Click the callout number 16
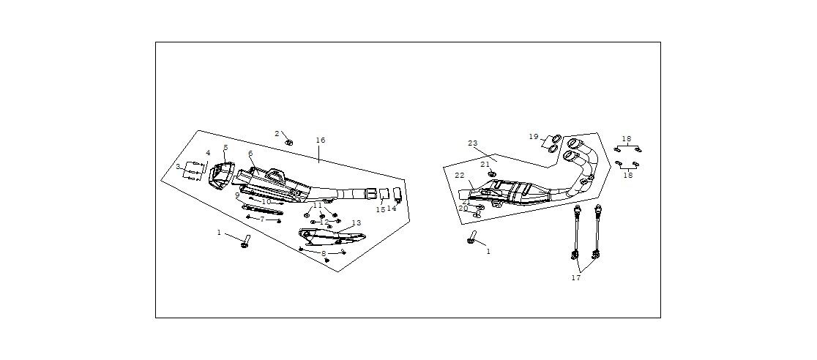[321, 140]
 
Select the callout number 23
[472, 143]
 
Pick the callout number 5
[225, 148]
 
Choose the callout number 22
[459, 176]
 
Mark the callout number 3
[177, 167]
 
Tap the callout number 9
[237, 195]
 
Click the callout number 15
[381, 210]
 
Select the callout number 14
[392, 209]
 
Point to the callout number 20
[463, 209]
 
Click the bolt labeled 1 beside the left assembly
[245, 241]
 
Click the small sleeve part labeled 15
[382, 195]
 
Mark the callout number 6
[250, 154]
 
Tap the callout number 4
[208, 153]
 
